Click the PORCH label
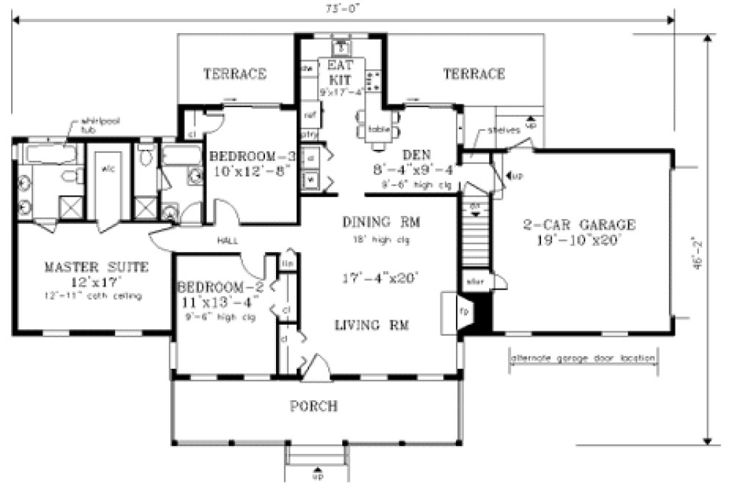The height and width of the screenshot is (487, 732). [314, 405]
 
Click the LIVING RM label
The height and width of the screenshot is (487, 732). [372, 324]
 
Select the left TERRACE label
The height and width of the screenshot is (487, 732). [234, 73]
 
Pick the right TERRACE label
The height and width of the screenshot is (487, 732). [474, 73]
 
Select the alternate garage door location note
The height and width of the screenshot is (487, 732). [582, 359]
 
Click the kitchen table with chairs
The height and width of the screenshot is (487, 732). [377, 129]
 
